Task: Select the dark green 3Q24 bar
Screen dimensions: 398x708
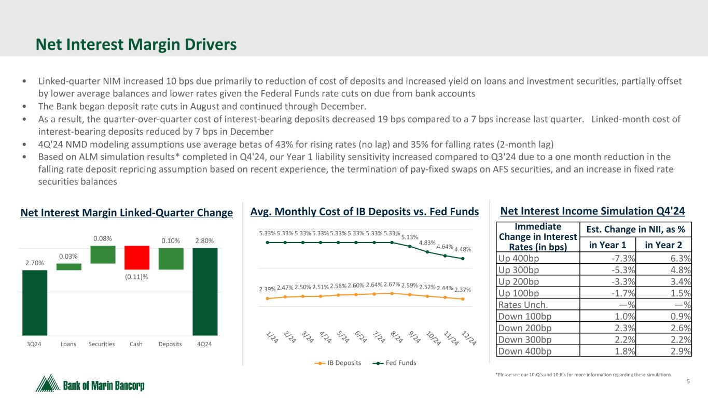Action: pyautogui.click(x=35, y=303)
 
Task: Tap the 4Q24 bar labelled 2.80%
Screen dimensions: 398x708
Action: pyautogui.click(x=205, y=291)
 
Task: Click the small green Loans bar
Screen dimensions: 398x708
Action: pyautogui.click(x=68, y=267)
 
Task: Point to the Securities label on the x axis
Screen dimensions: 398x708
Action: pyautogui.click(x=102, y=344)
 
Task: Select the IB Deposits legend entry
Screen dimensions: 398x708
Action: pyautogui.click(x=338, y=363)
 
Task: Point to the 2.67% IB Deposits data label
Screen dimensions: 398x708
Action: pyautogui.click(x=392, y=284)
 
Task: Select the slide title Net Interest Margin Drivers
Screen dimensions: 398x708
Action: pyautogui.click(x=136, y=45)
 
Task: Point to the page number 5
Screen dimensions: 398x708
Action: pyautogui.click(x=688, y=382)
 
